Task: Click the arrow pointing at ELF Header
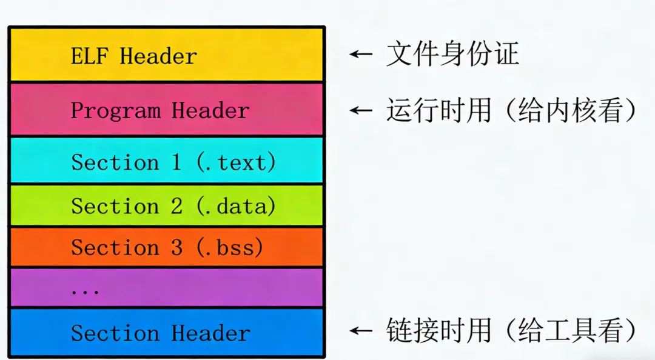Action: pyautogui.click(x=361, y=55)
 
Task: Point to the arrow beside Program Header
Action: pyautogui.click(x=361, y=110)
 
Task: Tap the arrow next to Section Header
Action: pyautogui.click(x=361, y=332)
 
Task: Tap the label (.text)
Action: pyautogui.click(x=236, y=162)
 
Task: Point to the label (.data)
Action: pyautogui.click(x=236, y=207)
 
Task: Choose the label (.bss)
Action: pyautogui.click(x=230, y=248)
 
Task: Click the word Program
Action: pyautogui.click(x=116, y=111)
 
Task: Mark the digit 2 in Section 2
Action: pyautogui.click(x=176, y=207)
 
